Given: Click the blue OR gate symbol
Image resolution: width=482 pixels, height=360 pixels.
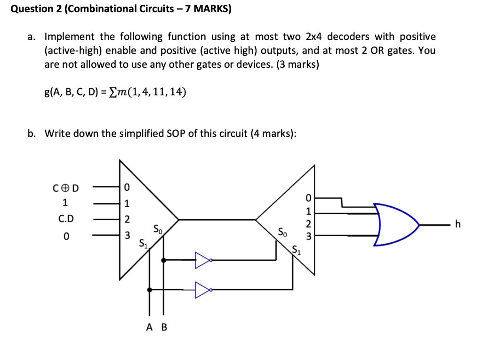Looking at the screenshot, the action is (x=395, y=224).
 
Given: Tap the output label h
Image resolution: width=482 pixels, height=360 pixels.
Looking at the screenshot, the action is (x=456, y=224).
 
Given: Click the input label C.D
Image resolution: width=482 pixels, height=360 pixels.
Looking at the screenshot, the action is (x=66, y=219).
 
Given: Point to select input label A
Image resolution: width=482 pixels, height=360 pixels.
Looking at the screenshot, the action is (x=149, y=328).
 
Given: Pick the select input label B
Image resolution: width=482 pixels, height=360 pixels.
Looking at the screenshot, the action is (x=164, y=328).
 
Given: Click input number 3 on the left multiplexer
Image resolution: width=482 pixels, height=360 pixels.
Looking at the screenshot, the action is (x=126, y=235).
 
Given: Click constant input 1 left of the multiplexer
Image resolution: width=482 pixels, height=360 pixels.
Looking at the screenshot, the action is (x=65, y=203).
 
